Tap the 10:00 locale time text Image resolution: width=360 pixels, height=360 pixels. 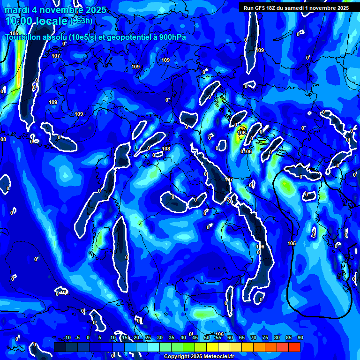(x=37, y=21)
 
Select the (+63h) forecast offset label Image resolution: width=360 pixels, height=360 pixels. (x=81, y=21)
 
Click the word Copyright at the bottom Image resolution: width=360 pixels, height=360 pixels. (x=178, y=356)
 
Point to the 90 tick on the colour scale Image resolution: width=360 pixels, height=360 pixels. (x=300, y=337)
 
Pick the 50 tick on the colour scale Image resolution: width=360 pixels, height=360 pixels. (x=206, y=337)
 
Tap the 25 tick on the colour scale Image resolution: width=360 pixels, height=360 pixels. (x=148, y=337)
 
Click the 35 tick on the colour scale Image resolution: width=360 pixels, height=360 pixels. (x=171, y=337)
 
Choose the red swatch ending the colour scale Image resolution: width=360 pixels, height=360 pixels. (x=294, y=347)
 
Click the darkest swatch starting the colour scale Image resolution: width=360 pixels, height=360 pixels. (x=60, y=347)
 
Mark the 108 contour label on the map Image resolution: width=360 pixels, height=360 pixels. (x=166, y=149)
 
